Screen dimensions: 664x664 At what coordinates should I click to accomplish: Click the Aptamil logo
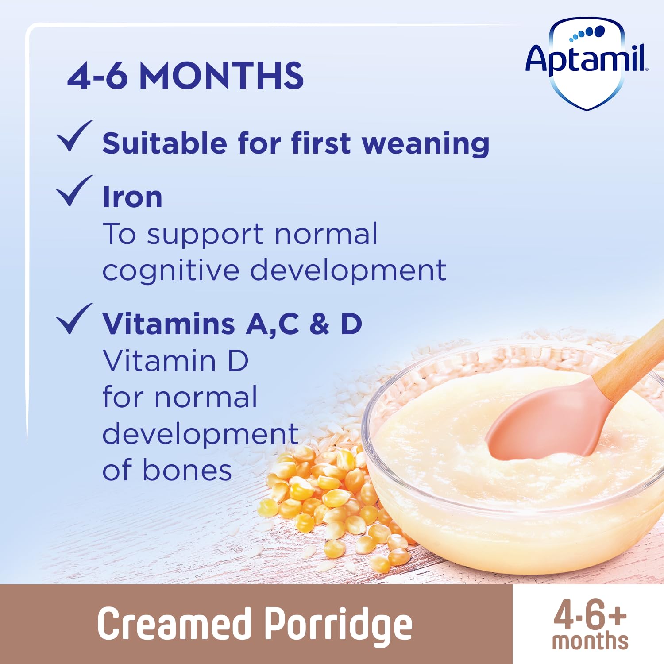(586, 62)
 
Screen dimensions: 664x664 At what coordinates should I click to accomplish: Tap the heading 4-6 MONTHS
(185, 76)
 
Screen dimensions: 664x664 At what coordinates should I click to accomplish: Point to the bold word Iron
(132, 197)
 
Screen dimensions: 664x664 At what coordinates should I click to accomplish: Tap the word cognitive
(171, 270)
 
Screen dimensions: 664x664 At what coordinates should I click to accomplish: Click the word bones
(187, 470)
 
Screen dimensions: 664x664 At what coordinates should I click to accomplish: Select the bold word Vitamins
(169, 324)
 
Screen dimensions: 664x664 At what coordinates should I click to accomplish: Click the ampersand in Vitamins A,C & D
(319, 324)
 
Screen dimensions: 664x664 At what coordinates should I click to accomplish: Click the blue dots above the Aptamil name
(587, 33)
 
